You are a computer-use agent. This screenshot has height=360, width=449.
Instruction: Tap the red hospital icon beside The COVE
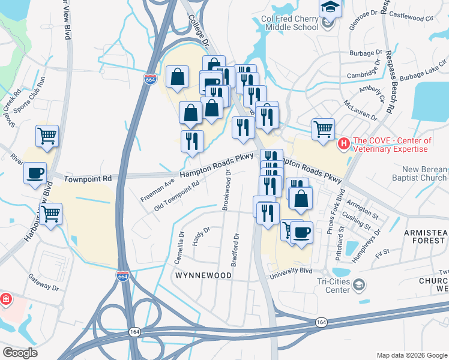point(343,143)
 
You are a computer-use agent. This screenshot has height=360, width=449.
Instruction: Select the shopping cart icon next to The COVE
point(323,128)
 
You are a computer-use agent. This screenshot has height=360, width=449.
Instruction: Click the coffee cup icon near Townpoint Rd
point(35,173)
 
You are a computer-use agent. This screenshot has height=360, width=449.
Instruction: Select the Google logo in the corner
point(20,352)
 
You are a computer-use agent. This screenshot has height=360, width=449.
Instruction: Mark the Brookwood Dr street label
point(226,189)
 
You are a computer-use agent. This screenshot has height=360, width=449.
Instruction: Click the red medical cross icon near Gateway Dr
point(5,299)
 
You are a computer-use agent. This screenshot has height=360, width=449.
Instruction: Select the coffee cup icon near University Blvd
point(302,232)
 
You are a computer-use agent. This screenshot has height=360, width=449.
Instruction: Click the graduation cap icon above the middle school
point(329,7)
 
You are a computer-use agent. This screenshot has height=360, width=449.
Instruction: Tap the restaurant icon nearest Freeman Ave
point(192,142)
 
